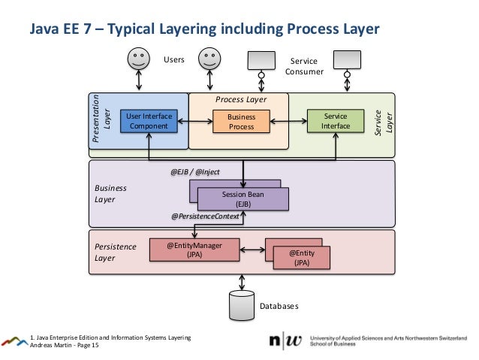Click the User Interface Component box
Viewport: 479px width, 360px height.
(149, 121)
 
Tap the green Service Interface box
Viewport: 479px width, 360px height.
(335, 122)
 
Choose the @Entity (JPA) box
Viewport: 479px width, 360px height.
(302, 258)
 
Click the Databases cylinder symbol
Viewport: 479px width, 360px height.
(242, 304)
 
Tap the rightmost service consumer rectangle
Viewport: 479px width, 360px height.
(348, 58)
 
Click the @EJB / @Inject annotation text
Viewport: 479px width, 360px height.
(195, 172)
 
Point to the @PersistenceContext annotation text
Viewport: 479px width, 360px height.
(205, 216)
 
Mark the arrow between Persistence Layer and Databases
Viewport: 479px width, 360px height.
(242, 281)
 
